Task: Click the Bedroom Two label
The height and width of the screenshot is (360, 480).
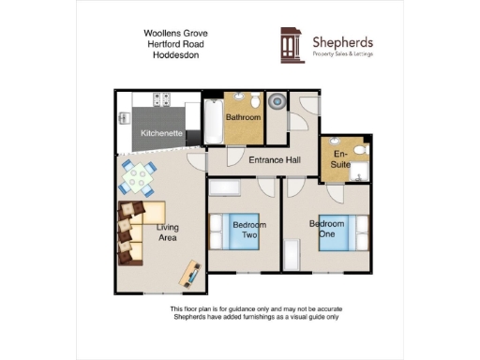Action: click(x=249, y=231)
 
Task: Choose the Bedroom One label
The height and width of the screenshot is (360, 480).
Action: click(x=327, y=229)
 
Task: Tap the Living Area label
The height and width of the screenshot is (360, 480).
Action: click(x=168, y=233)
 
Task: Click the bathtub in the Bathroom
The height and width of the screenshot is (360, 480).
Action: click(x=213, y=122)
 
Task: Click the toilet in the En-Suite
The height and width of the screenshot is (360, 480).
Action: click(x=362, y=151)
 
